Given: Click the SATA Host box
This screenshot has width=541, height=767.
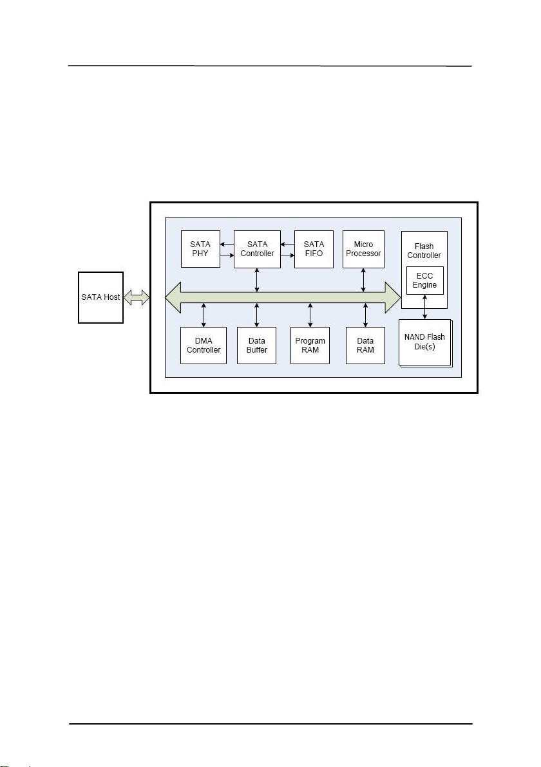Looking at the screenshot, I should pos(100,297).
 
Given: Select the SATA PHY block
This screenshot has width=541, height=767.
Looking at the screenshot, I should pos(200,249).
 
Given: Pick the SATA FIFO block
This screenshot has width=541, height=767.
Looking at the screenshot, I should pos(314,249).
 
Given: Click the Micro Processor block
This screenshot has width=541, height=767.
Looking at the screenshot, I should pos(363,249).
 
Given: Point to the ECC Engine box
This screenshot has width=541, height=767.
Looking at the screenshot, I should pos(424,280).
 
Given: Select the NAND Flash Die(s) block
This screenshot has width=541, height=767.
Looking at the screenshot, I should pos(424,342).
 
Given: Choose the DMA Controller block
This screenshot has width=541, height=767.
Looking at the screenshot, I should pos(204,346).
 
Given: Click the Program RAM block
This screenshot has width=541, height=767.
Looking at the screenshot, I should pos(310,346).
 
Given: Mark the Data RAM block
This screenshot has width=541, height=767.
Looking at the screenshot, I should pos(365,346).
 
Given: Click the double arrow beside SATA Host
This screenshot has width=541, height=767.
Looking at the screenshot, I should pos(137,297).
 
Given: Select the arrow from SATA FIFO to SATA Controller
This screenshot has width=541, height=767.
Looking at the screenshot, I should pos(287,245).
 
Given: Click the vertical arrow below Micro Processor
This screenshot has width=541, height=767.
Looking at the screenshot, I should pos(364,279).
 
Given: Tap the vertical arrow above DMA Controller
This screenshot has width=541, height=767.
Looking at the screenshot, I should pos(204,315).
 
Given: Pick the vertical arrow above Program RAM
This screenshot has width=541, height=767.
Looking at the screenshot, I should pos(310,315).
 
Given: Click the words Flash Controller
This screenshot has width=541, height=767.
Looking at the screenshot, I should pos(424,251).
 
